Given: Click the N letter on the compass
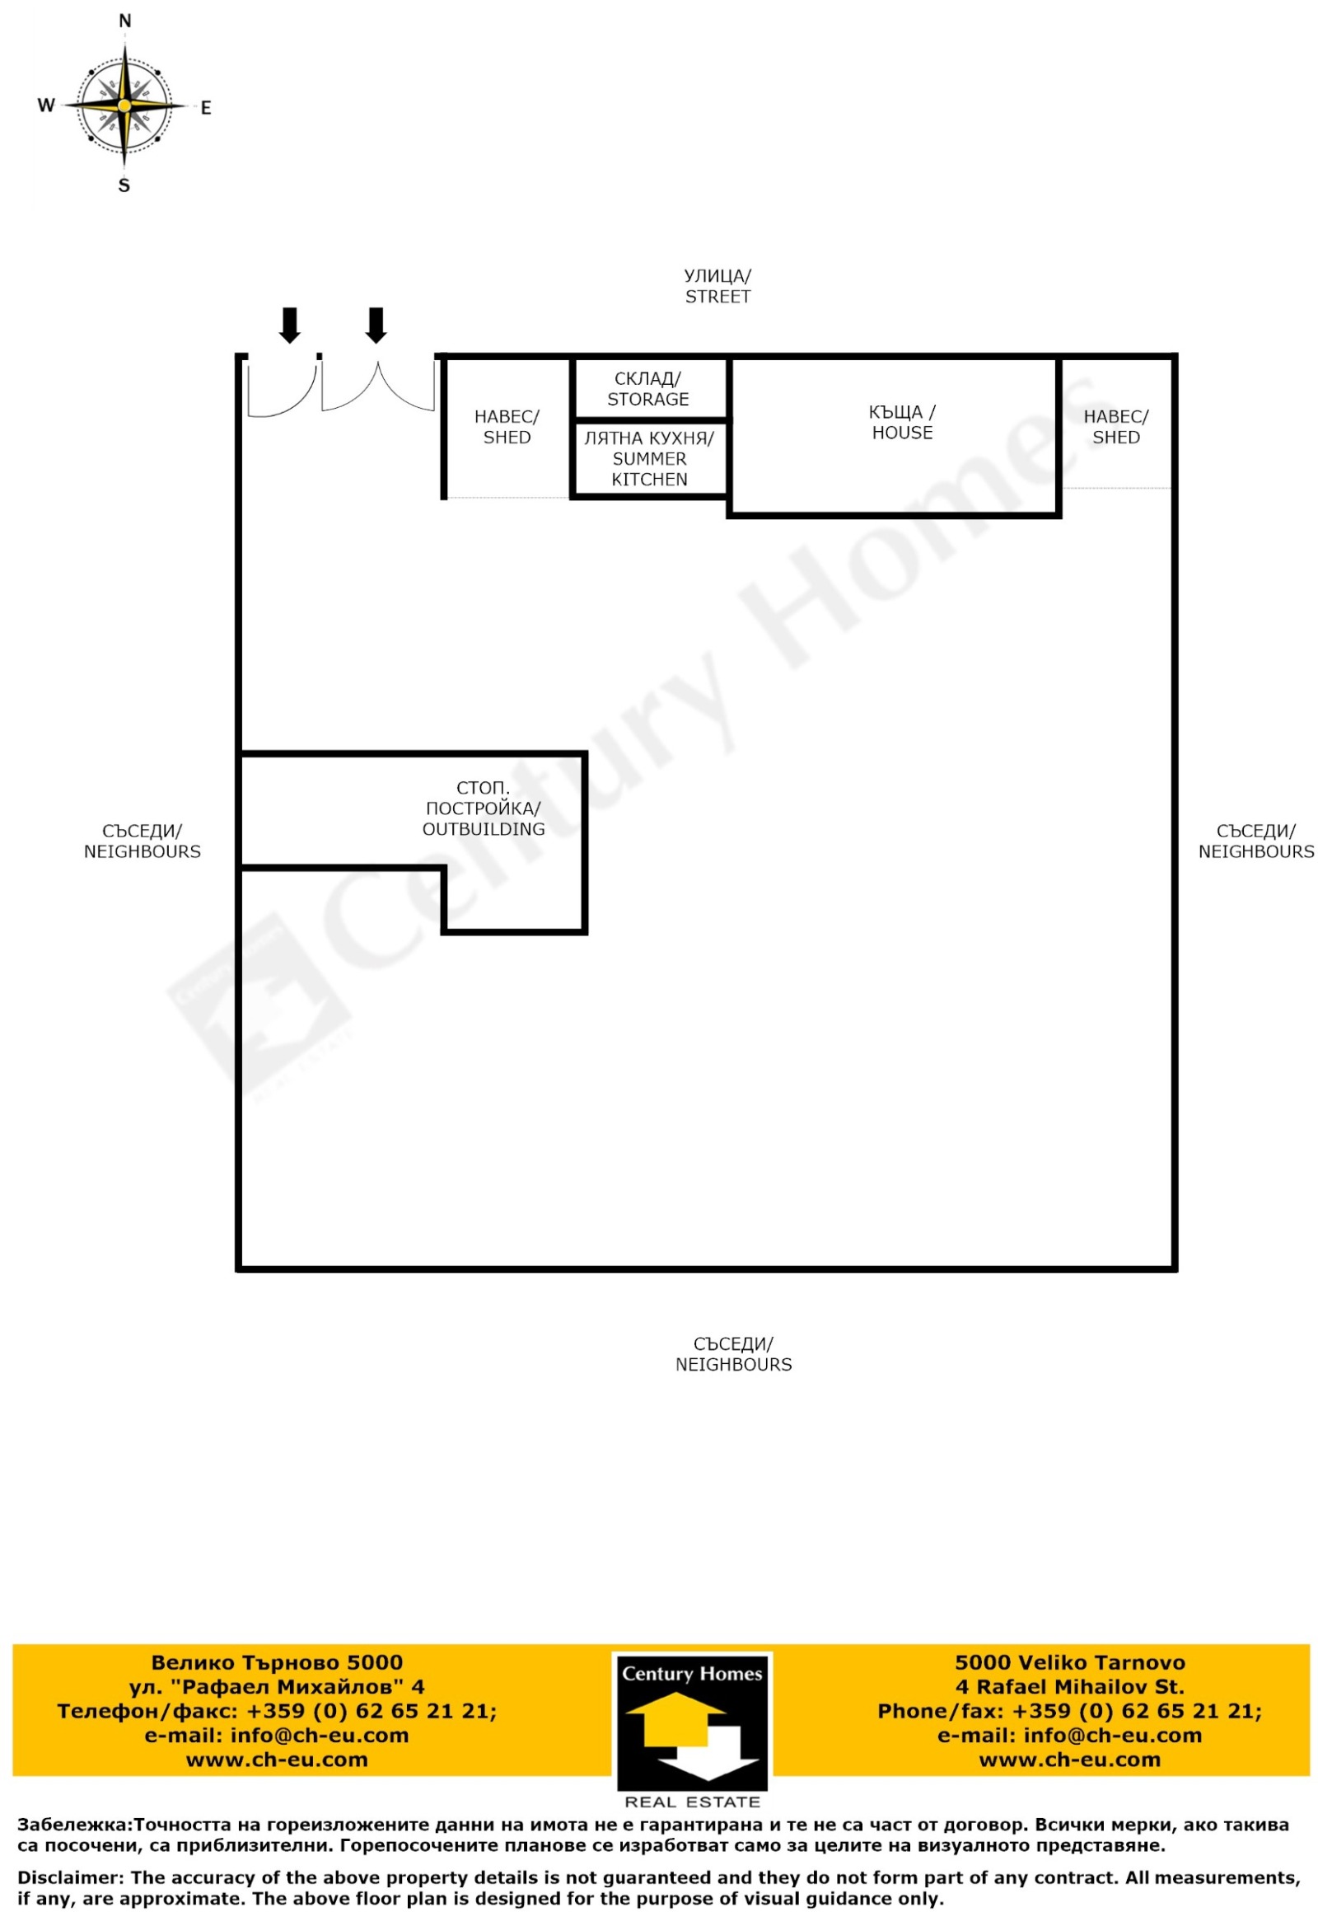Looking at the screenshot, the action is click(125, 21).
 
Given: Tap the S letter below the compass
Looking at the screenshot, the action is click(124, 185).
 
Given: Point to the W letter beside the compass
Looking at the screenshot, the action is click(46, 105).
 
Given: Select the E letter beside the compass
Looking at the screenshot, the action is click(206, 107).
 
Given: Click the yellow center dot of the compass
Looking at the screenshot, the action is click(124, 105).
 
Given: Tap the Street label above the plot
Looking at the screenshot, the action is click(717, 286).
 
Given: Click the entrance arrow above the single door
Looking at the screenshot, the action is click(289, 325).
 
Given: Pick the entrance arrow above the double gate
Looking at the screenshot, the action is click(376, 325).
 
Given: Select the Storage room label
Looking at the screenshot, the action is click(648, 388).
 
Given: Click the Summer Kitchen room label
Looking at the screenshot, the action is click(649, 458).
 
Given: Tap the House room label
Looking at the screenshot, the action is click(902, 422).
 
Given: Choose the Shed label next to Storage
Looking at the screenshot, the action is click(507, 426).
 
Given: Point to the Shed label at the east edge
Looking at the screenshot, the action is click(1115, 426).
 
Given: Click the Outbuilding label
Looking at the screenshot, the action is click(483, 808).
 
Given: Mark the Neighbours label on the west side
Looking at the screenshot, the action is click(142, 841).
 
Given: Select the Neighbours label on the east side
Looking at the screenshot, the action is click(1256, 841).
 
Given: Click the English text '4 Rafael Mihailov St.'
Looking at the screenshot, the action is click(1069, 1686).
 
